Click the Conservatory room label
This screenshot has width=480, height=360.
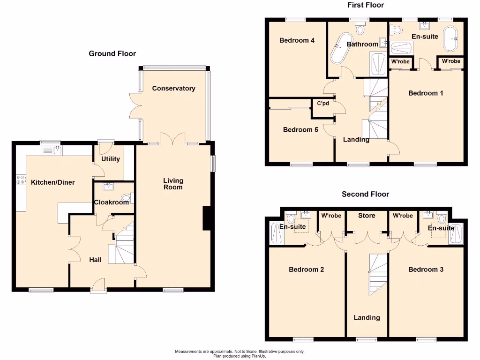(x=173, y=88)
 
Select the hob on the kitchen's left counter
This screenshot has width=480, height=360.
(x=21, y=181)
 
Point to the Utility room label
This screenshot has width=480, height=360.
(x=111, y=159)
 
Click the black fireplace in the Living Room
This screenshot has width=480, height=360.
(x=206, y=218)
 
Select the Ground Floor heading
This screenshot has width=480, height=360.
(x=112, y=53)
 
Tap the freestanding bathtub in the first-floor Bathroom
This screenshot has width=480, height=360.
(x=337, y=49)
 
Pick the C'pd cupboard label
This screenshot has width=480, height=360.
(x=323, y=104)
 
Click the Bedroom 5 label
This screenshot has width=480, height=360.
(x=300, y=129)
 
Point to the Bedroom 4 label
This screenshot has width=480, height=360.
(x=297, y=40)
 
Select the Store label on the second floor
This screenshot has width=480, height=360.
(x=367, y=216)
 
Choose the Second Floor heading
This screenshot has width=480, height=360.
(x=365, y=194)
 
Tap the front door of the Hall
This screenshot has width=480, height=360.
(x=98, y=286)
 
